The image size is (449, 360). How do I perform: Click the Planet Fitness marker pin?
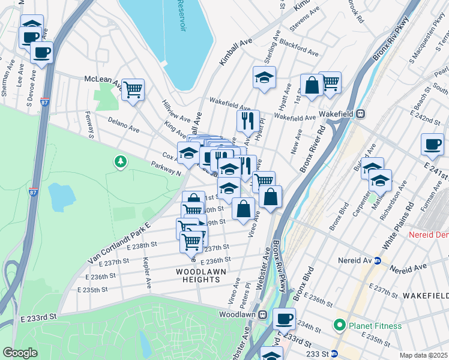[340, 326]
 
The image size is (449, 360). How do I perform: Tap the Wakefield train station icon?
[361, 113]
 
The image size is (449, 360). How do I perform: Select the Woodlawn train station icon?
[263, 314]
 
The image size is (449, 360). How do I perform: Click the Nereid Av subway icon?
[378, 260]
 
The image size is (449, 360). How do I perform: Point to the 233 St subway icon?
[335, 354]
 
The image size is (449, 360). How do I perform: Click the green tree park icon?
[121, 161]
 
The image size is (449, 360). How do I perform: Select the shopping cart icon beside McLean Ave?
[133, 89]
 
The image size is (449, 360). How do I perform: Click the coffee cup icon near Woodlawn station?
[284, 318]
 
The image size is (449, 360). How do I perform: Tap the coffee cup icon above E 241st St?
[432, 143]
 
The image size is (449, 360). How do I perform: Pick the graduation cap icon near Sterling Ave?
[264, 77]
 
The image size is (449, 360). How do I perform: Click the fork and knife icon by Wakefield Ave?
[247, 120]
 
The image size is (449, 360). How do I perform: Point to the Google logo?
[20, 353]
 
